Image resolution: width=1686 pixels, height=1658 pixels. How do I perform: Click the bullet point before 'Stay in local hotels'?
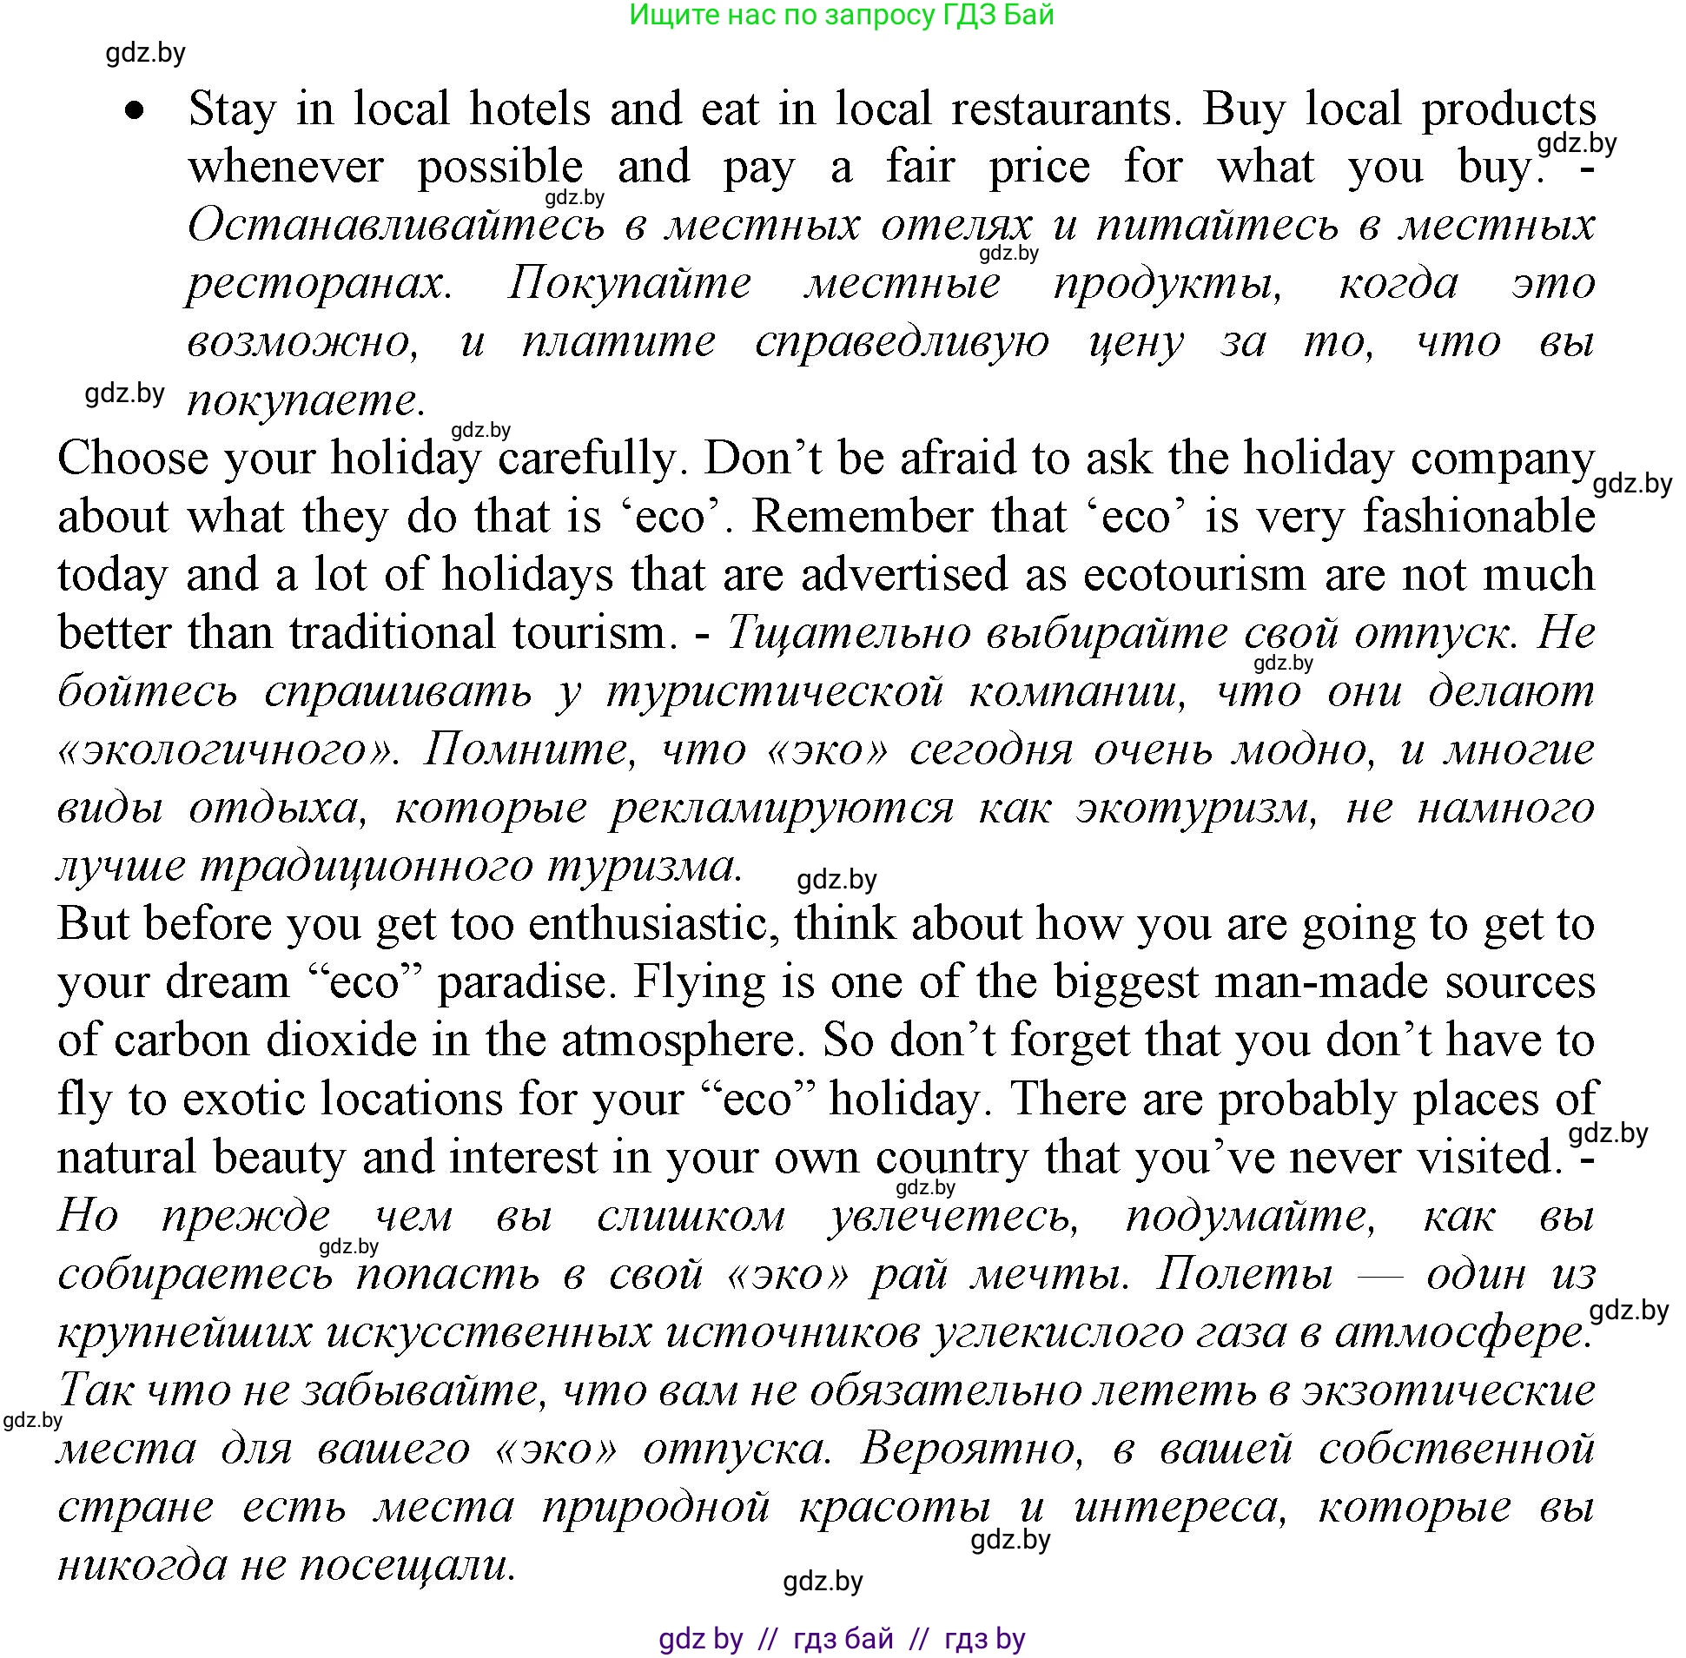134,110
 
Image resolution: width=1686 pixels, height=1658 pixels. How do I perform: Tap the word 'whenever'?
285,168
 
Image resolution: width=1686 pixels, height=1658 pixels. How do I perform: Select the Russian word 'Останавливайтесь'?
396,226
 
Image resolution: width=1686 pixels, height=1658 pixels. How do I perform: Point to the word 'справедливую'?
903,342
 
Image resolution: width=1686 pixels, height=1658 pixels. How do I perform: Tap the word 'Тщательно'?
849,633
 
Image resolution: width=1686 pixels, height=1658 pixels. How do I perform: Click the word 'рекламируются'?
781,809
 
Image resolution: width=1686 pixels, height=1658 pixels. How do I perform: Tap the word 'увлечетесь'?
953,1217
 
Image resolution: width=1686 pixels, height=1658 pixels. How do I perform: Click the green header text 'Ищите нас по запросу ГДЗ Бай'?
841,15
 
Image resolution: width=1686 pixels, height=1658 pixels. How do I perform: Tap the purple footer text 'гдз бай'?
843,1639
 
